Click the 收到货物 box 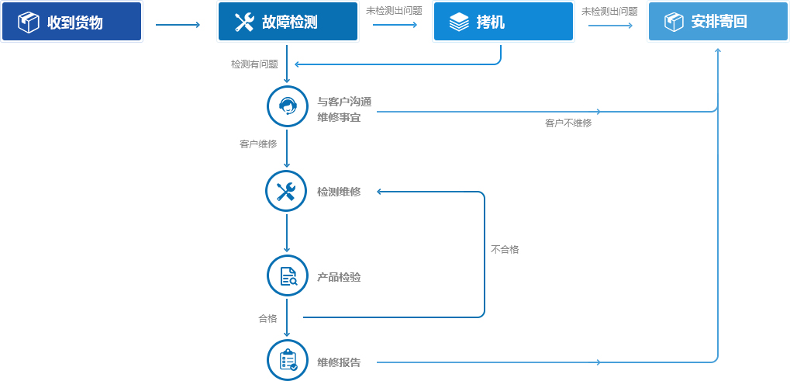pyautogui.click(x=71, y=21)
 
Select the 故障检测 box pyautogui.click(x=288, y=21)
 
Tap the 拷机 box pyautogui.click(x=503, y=21)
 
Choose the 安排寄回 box pyautogui.click(x=718, y=21)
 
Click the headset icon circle pyautogui.click(x=287, y=106)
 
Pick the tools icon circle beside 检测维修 pyautogui.click(x=287, y=191)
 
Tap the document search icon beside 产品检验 pyautogui.click(x=287, y=275)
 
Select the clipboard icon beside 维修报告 pyautogui.click(x=287, y=360)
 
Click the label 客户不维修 pyautogui.click(x=567, y=123)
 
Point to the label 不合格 pyautogui.click(x=505, y=249)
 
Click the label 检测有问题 pyautogui.click(x=254, y=64)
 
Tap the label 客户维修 pyautogui.click(x=258, y=144)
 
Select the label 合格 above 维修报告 pyautogui.click(x=267, y=318)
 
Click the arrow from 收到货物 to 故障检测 pyautogui.click(x=178, y=24)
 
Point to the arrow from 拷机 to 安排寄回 pyautogui.click(x=610, y=24)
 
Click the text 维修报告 pyautogui.click(x=339, y=362)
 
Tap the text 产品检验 pyautogui.click(x=339, y=278)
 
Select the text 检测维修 pyautogui.click(x=339, y=192)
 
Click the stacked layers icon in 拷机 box pyautogui.click(x=458, y=23)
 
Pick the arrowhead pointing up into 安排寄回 pyautogui.click(x=718, y=50)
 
